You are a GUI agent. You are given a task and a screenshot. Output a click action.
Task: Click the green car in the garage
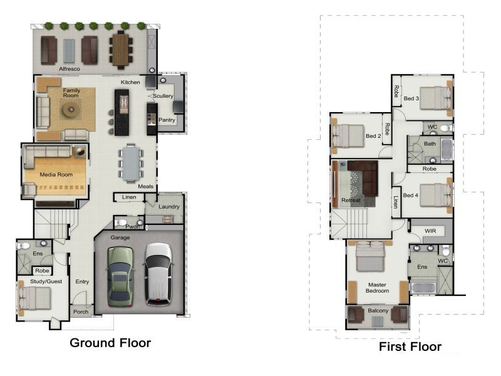click(x=120, y=276)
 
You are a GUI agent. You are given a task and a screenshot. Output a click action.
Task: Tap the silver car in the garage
click(x=158, y=274)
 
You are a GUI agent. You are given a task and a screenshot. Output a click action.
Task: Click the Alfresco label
click(x=70, y=69)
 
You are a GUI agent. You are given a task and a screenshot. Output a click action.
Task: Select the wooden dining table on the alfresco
click(x=120, y=50)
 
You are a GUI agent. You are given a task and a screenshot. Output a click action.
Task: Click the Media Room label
click(x=56, y=175)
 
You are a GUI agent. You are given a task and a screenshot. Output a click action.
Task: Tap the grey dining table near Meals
click(x=131, y=163)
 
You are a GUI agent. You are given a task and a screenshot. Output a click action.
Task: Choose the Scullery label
click(x=163, y=96)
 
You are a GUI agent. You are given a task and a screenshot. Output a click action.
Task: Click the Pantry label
click(x=167, y=120)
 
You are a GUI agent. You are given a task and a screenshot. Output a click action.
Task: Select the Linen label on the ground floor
click(x=129, y=197)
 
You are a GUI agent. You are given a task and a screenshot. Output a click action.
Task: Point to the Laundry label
click(x=169, y=207)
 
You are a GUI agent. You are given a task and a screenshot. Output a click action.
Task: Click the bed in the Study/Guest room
click(x=34, y=298)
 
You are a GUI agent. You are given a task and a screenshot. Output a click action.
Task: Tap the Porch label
click(x=81, y=311)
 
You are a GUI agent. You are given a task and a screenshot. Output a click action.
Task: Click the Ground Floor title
click(x=110, y=343)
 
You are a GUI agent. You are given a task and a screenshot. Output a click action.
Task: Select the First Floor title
click(x=410, y=347)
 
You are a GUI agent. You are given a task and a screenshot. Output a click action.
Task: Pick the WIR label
click(x=430, y=231)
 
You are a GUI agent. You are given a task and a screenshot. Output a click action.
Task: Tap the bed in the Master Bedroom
click(x=370, y=257)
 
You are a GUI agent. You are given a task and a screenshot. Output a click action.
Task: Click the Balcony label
click(x=378, y=310)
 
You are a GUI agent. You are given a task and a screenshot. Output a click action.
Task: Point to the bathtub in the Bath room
click(x=447, y=150)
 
